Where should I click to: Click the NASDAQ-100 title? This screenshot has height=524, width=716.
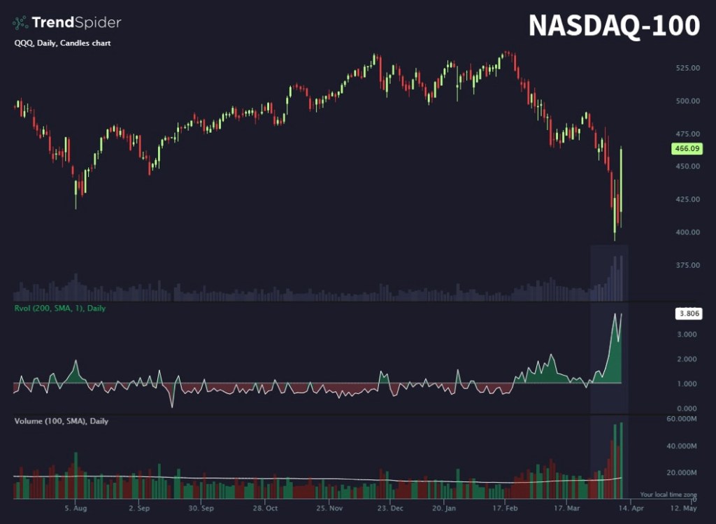click(x=613, y=25)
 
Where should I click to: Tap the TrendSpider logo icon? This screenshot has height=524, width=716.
click(x=20, y=23)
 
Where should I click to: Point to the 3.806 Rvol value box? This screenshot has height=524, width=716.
click(x=687, y=314)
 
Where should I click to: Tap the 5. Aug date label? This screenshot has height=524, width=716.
click(x=76, y=509)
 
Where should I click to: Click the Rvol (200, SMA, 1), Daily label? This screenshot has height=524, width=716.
click(x=59, y=308)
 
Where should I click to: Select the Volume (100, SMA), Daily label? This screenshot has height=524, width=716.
click(x=61, y=421)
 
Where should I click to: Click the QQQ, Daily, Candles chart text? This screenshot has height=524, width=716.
click(x=62, y=43)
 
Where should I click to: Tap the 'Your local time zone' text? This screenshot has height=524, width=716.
click(x=668, y=495)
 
